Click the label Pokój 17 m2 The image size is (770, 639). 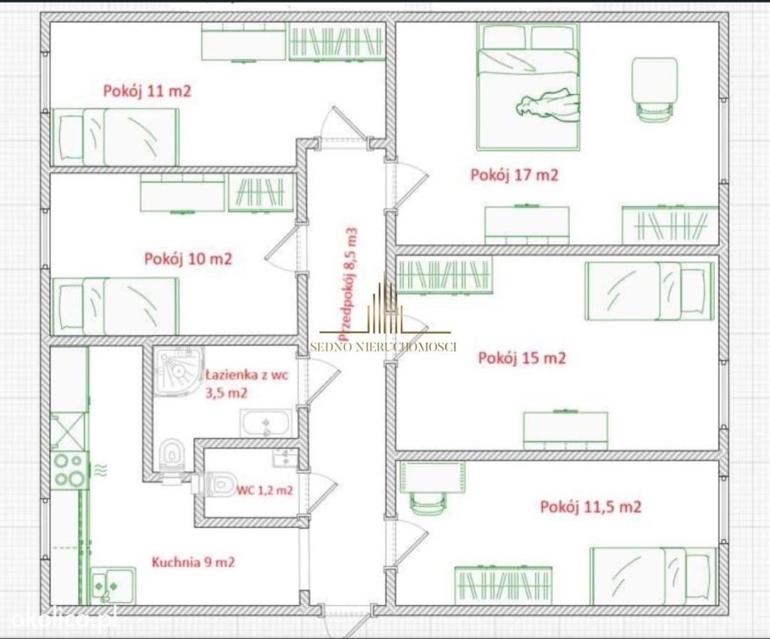514,175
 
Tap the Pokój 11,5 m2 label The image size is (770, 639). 591,507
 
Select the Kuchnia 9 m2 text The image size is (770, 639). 193,562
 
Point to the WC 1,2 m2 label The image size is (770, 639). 265,490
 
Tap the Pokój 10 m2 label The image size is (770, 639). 187,259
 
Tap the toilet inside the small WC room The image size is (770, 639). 215,484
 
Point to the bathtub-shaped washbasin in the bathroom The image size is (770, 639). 265,423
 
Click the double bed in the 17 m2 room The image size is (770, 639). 528,86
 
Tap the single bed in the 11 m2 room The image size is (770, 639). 115,137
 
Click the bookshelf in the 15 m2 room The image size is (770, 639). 444,276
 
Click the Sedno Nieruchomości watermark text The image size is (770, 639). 383,347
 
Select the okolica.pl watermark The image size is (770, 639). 63,617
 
